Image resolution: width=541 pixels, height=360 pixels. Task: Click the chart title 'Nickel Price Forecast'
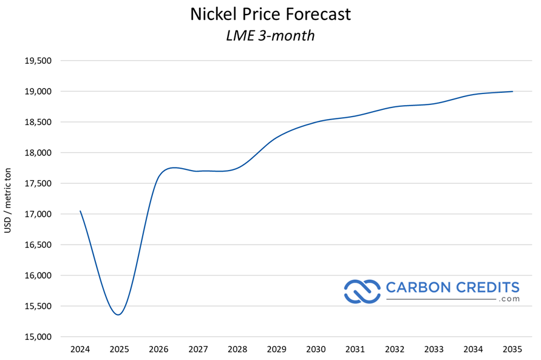tap(270, 14)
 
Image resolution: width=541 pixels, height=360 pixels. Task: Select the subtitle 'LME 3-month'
tap(270, 35)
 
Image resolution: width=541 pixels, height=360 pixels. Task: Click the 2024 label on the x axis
tap(80, 349)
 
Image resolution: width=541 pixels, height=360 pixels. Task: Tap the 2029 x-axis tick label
tap(277, 349)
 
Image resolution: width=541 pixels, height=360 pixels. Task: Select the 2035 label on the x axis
tap(512, 349)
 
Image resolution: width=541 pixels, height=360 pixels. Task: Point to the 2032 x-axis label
tap(395, 349)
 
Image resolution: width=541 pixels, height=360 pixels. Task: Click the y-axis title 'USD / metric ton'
tap(8, 199)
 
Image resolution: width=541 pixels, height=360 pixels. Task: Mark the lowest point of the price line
tap(119, 314)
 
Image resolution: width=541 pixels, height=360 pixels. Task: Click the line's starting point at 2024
tap(80, 211)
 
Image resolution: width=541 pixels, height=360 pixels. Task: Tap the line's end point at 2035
tap(512, 92)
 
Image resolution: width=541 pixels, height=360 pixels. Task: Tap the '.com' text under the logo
tap(509, 299)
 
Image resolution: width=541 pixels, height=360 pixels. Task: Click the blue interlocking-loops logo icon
tap(362, 291)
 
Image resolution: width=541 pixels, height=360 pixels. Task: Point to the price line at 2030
tap(316, 121)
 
